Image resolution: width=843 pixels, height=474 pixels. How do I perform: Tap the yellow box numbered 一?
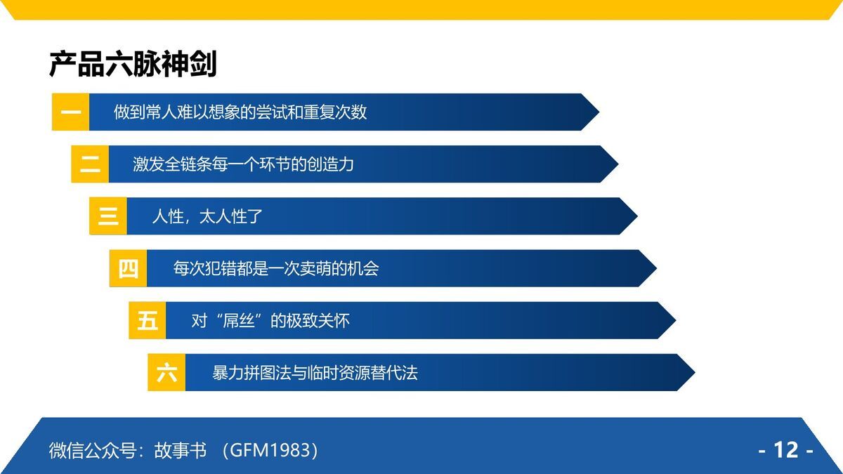pyautogui.click(x=71, y=112)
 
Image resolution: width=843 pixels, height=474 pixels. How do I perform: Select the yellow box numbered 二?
pyautogui.click(x=90, y=164)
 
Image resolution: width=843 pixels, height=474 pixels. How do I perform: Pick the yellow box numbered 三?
pyautogui.click(x=108, y=216)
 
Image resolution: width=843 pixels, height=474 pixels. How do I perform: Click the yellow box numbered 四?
pyautogui.click(x=128, y=268)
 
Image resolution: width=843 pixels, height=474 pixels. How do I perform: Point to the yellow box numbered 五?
pyautogui.click(x=148, y=321)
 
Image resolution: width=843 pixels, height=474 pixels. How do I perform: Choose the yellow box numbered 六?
pyautogui.click(x=166, y=373)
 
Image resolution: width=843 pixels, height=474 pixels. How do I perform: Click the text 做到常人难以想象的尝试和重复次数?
pyautogui.click(x=240, y=112)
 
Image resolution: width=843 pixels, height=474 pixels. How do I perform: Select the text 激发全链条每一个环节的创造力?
pyautogui.click(x=243, y=164)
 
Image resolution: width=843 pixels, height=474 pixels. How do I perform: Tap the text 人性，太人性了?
pyautogui.click(x=207, y=216)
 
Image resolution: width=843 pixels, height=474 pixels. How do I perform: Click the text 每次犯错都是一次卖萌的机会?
pyautogui.click(x=276, y=268)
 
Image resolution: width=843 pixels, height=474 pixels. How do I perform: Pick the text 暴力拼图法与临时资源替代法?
pyautogui.click(x=315, y=373)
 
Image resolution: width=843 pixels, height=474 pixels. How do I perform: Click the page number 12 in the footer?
pyautogui.click(x=786, y=449)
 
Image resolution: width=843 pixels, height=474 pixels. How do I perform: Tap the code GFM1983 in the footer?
pyautogui.click(x=270, y=450)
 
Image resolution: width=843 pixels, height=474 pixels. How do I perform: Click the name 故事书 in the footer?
pyautogui.click(x=181, y=450)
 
